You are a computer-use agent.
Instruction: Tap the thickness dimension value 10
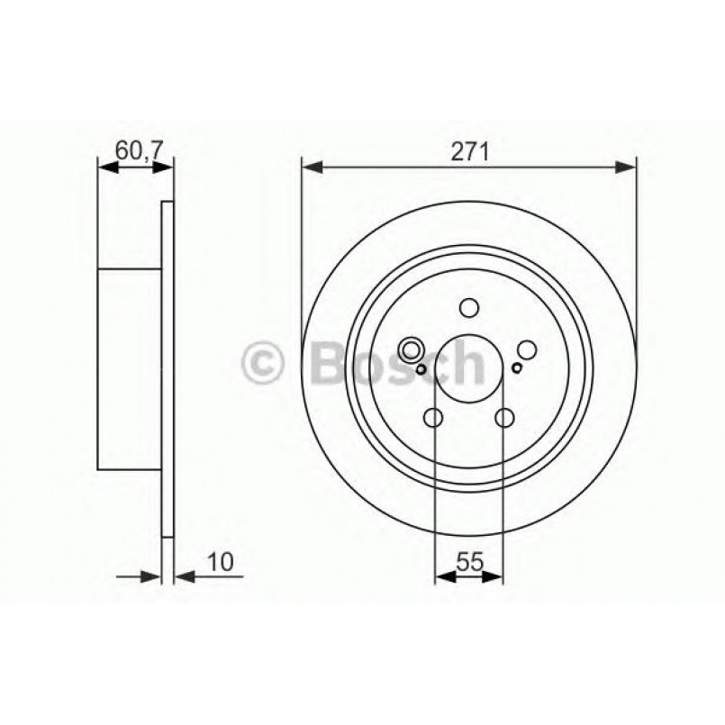coord(222,562)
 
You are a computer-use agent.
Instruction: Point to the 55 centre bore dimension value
coord(468,562)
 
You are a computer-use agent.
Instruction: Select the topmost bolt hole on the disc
coord(468,309)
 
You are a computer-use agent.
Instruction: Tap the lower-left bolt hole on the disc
coord(433,418)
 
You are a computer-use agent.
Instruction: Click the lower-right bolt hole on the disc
coord(504,418)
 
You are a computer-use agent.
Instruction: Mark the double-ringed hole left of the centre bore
coord(412,350)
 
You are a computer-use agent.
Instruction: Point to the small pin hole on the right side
coord(516,367)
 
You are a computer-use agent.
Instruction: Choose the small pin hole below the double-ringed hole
coord(421,367)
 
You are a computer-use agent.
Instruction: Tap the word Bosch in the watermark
coord(396,362)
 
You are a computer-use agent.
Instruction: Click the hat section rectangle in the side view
coord(129,369)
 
